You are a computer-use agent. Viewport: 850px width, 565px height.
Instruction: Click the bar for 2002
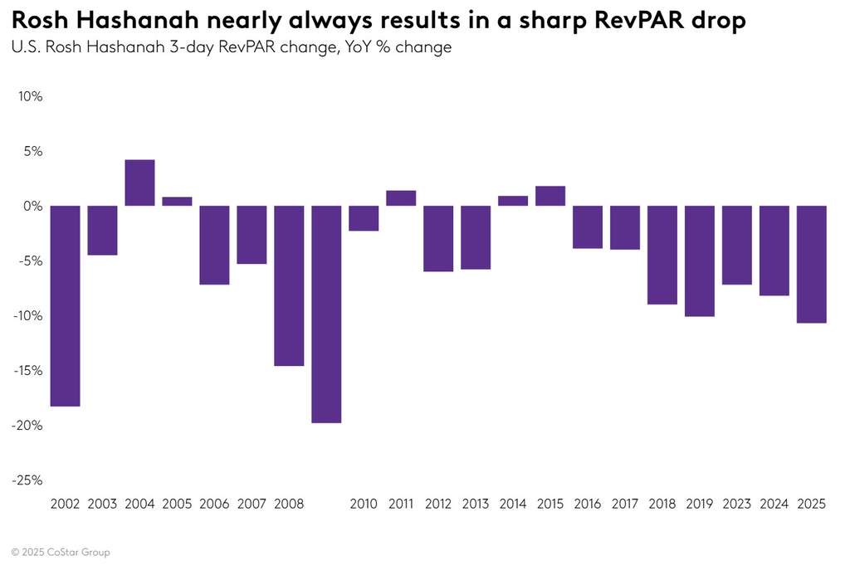pos(65,305)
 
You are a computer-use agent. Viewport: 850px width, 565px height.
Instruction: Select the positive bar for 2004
pos(139,183)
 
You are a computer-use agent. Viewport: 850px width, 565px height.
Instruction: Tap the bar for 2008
pos(289,285)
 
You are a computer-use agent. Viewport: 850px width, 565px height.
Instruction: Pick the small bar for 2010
pos(364,218)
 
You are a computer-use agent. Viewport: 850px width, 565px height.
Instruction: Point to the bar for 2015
pos(550,196)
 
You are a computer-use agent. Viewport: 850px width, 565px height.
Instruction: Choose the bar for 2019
pos(700,261)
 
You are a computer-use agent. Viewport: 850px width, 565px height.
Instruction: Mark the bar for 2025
pos(811,264)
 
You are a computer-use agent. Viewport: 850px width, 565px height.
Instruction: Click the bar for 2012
pos(438,238)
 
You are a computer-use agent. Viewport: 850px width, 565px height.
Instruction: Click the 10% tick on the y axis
pos(30,96)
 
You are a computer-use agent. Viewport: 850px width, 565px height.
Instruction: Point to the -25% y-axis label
pos(28,480)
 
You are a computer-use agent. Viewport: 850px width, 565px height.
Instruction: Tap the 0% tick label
pos(32,206)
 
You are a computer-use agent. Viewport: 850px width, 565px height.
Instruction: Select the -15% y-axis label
pos(28,370)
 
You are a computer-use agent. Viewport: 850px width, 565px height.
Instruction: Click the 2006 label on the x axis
pos(214,504)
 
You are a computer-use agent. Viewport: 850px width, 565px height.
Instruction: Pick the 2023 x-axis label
pos(736,504)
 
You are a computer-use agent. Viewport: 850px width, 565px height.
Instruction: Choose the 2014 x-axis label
pos(513,504)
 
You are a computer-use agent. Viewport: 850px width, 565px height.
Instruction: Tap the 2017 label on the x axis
pos(625,504)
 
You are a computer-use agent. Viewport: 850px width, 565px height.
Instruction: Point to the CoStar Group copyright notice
pos(61,552)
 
